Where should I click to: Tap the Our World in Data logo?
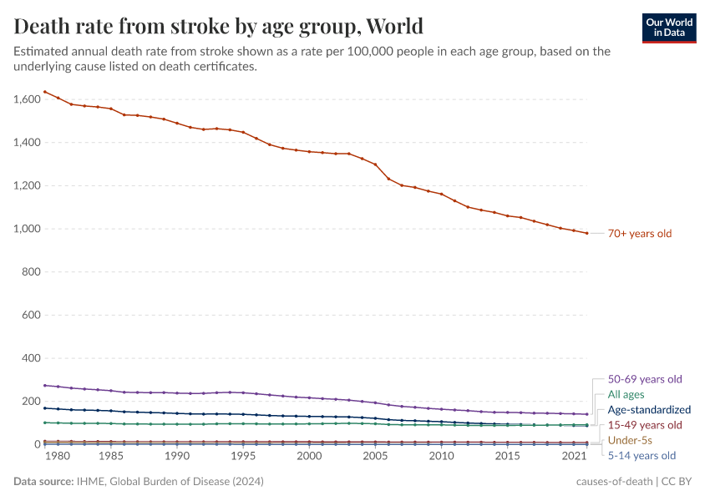668,27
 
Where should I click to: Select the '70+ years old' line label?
639,234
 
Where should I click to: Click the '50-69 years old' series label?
645,379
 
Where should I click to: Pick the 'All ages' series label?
626,394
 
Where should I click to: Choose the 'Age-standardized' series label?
649,410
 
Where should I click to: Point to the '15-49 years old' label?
645,425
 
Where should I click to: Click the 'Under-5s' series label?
630,440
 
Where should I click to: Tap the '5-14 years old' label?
642,456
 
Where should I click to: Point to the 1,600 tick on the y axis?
26,99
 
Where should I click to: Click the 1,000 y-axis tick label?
26,229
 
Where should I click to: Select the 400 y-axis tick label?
30,358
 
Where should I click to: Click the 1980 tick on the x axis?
58,457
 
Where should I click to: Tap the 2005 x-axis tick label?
375,457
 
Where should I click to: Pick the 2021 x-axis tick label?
572,457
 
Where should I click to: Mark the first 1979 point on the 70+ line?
45,92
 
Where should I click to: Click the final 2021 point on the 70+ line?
586,233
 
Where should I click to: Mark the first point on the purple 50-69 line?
45,385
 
